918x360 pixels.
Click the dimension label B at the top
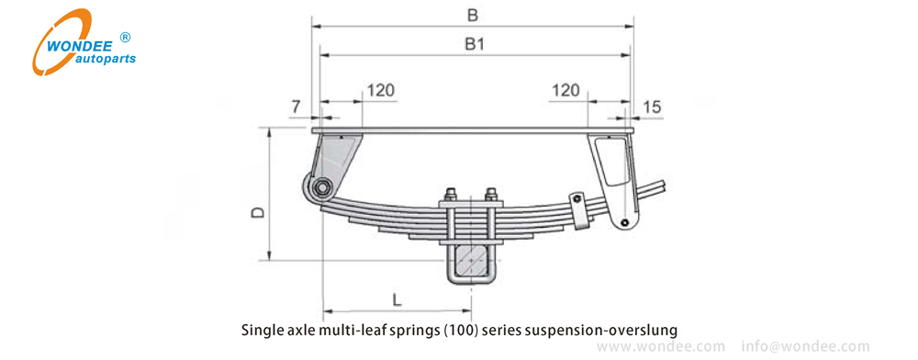(473, 16)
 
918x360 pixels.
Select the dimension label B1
(475, 44)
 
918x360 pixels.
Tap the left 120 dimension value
(380, 90)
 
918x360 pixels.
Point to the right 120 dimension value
(565, 90)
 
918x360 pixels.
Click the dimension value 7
(297, 107)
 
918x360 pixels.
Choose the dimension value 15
(652, 107)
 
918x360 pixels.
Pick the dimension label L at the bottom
(397, 300)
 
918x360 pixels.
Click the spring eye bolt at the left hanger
(321, 188)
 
